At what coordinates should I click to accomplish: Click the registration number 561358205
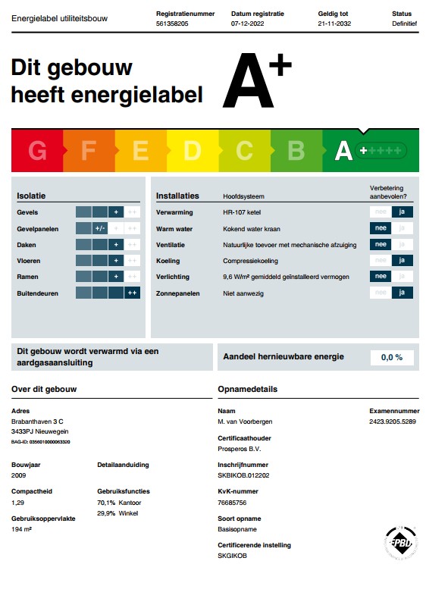click(172, 24)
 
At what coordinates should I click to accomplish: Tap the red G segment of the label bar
click(37, 151)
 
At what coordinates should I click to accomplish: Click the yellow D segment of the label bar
click(192, 151)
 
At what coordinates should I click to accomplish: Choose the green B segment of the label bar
click(296, 151)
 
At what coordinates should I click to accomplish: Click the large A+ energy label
click(256, 82)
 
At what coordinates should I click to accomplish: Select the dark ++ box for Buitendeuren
click(132, 293)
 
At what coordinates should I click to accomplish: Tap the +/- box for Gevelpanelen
click(100, 228)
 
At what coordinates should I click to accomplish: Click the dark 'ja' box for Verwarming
click(403, 212)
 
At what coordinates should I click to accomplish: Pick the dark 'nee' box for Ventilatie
click(381, 245)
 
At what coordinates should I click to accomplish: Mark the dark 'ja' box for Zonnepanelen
click(403, 293)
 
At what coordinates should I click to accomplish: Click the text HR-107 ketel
click(243, 212)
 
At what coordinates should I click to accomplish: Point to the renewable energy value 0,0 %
click(391, 357)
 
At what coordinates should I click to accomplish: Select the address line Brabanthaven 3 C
click(37, 421)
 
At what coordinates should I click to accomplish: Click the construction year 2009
click(19, 476)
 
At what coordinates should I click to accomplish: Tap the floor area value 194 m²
click(22, 529)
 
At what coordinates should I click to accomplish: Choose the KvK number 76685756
click(233, 503)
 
